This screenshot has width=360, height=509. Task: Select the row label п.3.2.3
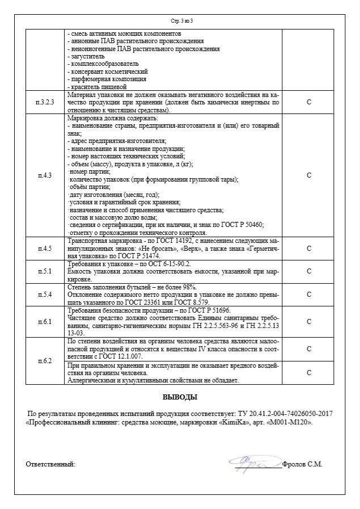click(x=45, y=103)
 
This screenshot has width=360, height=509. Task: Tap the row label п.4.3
click(x=45, y=175)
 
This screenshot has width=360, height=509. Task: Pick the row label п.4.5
click(x=45, y=249)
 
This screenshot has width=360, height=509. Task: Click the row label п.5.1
click(x=45, y=271)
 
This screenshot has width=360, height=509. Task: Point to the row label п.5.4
click(x=45, y=295)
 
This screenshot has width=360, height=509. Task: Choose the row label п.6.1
click(x=45, y=322)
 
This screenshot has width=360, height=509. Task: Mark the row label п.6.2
click(x=45, y=361)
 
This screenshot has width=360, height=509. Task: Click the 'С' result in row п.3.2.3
click(x=308, y=103)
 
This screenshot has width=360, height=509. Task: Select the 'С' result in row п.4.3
click(x=308, y=175)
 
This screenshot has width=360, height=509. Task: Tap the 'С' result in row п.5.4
click(x=308, y=295)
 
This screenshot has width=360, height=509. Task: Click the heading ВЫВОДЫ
click(x=180, y=397)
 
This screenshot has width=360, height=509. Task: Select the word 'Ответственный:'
click(x=50, y=464)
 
